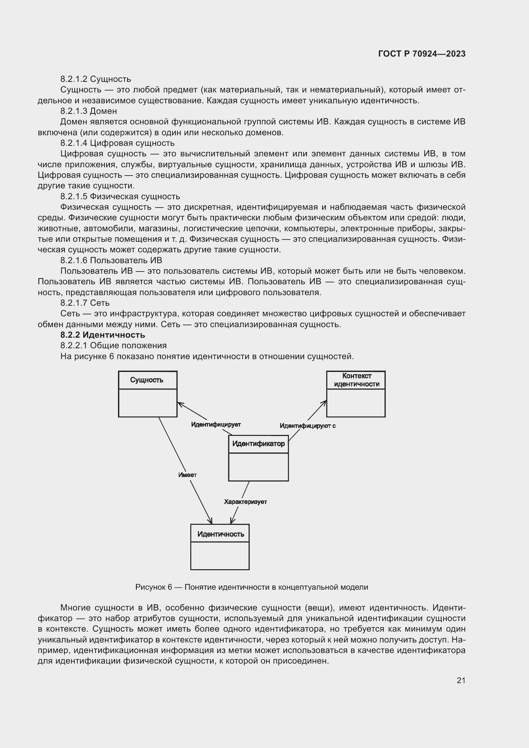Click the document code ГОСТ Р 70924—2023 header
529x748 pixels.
tap(422, 54)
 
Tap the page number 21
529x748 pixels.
tap(461, 680)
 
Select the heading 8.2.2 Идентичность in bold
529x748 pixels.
tap(103, 335)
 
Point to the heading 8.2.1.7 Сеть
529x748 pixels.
tap(85, 303)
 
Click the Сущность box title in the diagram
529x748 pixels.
tap(146, 380)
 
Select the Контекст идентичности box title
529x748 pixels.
tap(357, 380)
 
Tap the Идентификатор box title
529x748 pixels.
tap(258, 444)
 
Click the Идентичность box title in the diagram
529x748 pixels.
tap(221, 534)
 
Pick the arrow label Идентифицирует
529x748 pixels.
tap(216, 424)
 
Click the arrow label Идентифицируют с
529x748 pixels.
tap(307, 426)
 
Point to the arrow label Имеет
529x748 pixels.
tap(187, 475)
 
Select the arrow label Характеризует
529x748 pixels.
tap(245, 502)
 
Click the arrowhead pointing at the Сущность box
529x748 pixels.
tap(180, 404)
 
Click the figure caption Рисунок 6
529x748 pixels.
tap(251, 587)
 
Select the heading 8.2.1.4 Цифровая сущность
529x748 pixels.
tap(117, 143)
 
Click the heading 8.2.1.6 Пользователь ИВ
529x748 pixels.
tap(111, 260)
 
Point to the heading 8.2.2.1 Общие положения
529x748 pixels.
tap(113, 345)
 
